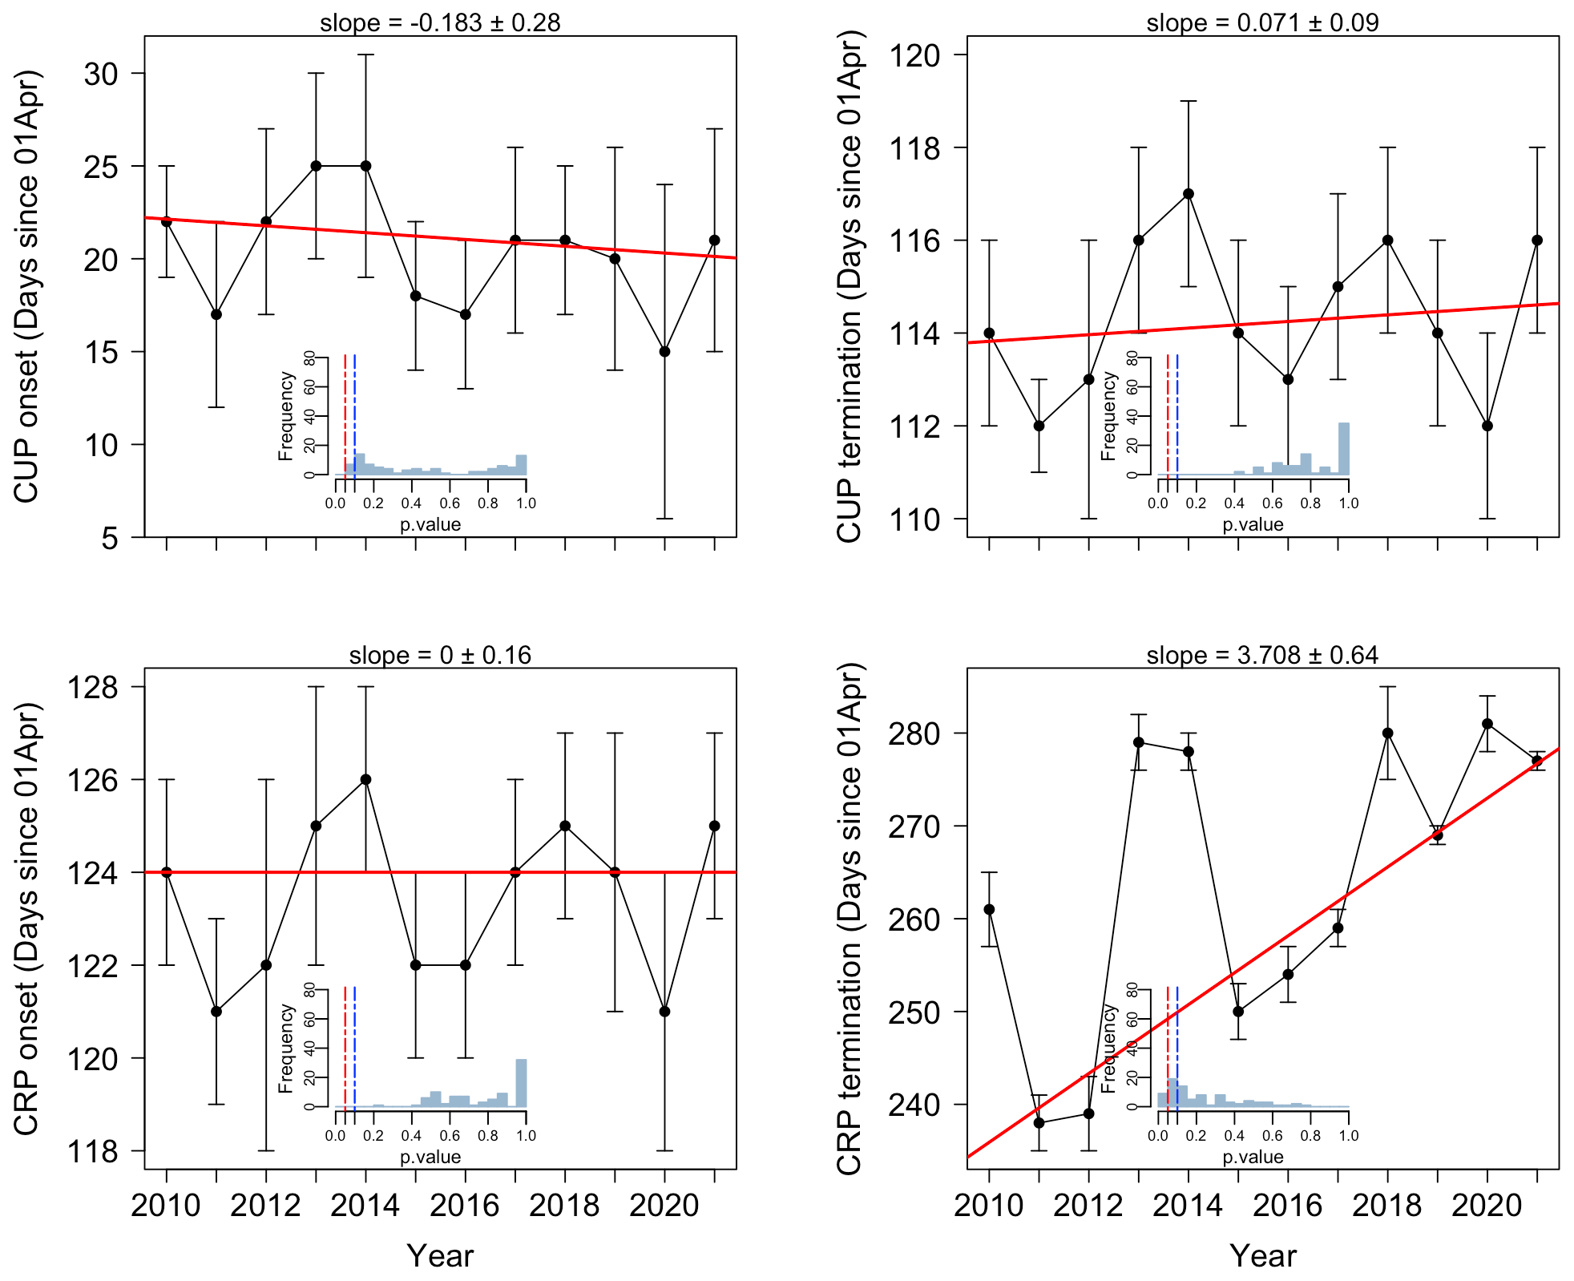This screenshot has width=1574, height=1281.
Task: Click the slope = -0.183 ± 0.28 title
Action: coord(440,22)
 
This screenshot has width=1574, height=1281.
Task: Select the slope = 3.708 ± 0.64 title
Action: coord(1262,655)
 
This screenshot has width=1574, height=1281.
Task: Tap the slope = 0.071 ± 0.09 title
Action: coord(1262,22)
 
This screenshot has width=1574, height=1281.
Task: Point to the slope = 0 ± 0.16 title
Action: coord(440,655)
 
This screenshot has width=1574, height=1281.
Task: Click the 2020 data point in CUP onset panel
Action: coord(664,352)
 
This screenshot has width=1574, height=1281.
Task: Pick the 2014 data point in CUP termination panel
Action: coord(1189,194)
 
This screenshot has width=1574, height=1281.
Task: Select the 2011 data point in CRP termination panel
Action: coord(1039,1123)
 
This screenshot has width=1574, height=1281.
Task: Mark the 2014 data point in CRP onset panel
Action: coord(365,779)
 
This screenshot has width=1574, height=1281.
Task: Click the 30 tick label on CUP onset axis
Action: coord(101,74)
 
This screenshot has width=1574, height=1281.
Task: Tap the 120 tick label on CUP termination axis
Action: coord(914,55)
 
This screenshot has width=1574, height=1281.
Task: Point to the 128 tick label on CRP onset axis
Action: coord(92,687)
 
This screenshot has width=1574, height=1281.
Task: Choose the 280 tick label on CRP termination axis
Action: coord(914,733)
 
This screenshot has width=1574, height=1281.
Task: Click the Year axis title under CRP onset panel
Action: coord(440,1255)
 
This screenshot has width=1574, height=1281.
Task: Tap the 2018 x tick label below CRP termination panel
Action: coord(1387,1205)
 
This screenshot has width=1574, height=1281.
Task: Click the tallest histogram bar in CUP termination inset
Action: coord(1344,449)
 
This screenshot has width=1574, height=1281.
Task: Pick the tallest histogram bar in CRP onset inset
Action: coord(521,1083)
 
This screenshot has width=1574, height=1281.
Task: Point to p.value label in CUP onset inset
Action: coord(430,525)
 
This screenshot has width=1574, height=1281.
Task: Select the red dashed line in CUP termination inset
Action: coord(1168,413)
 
